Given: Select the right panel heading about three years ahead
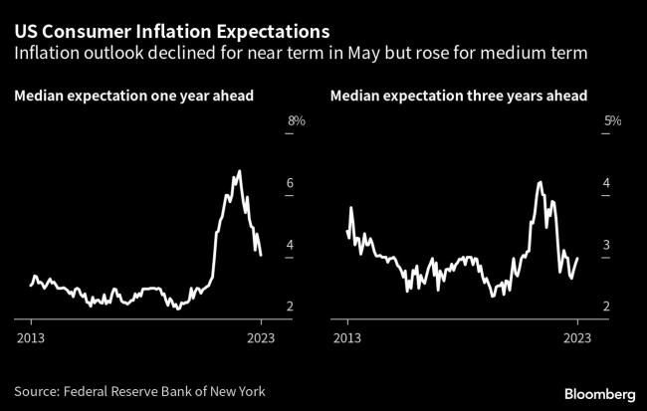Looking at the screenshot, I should click(x=458, y=96).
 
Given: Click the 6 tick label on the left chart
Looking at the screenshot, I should click(x=290, y=184).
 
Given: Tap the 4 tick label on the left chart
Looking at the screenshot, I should click(x=290, y=245).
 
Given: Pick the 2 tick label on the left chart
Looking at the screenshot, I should click(x=290, y=307).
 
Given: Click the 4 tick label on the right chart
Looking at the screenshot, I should click(x=607, y=184).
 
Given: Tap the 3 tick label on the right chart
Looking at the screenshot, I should click(x=607, y=245).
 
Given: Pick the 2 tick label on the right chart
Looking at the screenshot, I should click(x=607, y=307).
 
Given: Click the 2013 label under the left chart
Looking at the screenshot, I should click(x=31, y=337).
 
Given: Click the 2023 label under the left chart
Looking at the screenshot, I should click(x=261, y=337).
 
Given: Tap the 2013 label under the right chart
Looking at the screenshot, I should click(x=347, y=337).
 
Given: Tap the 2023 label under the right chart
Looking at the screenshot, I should click(x=577, y=337).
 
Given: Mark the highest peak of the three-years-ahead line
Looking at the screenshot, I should click(x=539, y=182).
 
